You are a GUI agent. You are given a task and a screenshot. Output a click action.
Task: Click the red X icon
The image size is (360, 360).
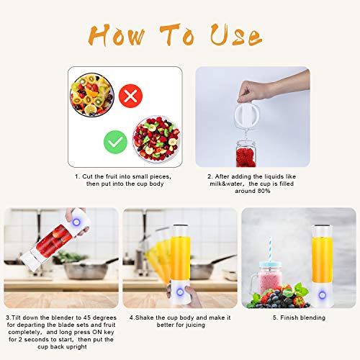[x=131, y=94]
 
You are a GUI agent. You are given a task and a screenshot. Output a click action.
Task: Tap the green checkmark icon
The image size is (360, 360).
[x=115, y=142]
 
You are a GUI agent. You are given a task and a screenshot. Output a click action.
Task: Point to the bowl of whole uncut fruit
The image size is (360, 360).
[x=92, y=96]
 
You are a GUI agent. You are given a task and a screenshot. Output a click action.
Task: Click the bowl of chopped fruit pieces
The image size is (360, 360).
[x=156, y=139]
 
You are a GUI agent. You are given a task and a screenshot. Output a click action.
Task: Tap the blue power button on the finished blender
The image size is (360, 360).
[x=301, y=292]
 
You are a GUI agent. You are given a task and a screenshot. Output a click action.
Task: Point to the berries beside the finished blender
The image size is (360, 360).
[x=284, y=299]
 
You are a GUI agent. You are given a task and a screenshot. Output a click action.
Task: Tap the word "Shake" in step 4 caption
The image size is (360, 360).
[x=147, y=317]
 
